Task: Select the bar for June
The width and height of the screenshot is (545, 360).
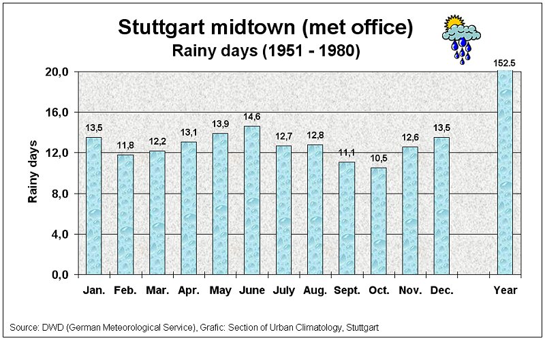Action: (x=252, y=200)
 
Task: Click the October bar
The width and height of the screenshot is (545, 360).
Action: (x=379, y=221)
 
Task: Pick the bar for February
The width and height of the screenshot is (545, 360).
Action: (x=125, y=215)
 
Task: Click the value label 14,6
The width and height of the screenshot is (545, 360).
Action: (x=252, y=117)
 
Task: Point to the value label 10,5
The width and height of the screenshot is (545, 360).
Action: (x=379, y=159)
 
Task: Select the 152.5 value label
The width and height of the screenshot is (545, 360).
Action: (x=505, y=63)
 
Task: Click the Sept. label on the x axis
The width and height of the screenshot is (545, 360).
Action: (x=347, y=290)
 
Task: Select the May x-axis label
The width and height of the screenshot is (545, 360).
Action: (x=221, y=290)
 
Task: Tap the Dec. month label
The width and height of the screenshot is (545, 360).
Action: (x=442, y=290)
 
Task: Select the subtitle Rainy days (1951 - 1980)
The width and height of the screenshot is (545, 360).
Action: (x=266, y=50)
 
